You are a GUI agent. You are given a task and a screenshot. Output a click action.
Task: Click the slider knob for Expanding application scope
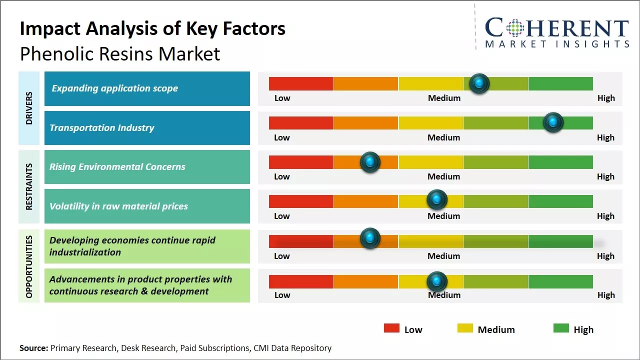coord(479,83)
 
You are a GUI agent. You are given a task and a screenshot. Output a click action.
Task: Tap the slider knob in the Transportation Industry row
coord(553,122)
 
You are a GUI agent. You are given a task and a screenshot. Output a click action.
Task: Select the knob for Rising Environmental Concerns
coord(370,162)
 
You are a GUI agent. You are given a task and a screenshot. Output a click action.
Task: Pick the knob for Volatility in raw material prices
coord(437,200)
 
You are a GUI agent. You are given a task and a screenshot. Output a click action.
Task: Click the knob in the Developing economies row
coord(370,238)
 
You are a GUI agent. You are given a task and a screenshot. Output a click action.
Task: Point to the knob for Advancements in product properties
coord(437,281)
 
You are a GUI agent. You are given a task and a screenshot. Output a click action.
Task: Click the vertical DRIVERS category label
coord(29,107)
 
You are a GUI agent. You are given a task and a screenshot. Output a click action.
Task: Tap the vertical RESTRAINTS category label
coord(29,186)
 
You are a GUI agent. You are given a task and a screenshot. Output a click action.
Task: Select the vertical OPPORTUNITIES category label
coord(29,266)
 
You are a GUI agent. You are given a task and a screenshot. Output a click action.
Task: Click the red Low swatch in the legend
coord(391,328)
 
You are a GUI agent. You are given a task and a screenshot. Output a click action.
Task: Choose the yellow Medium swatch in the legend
coord(465,328)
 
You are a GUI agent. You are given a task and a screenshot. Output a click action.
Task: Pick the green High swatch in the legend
coord(561,328)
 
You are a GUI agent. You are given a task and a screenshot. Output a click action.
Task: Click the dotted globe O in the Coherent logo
coord(514,28)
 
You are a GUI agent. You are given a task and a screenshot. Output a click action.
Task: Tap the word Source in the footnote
coord(33,348)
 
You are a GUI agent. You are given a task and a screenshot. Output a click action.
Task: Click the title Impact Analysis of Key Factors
coord(152,28)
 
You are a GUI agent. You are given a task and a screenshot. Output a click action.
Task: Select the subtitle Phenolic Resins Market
coord(120,53)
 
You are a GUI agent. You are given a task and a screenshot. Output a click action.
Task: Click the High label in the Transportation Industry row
coord(605,137)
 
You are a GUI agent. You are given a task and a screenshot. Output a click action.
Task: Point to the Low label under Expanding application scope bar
coord(282,98)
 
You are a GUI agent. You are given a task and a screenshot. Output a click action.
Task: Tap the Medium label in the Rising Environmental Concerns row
coord(444,176)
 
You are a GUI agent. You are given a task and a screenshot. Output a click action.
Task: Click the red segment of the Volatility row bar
coord(301,201)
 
